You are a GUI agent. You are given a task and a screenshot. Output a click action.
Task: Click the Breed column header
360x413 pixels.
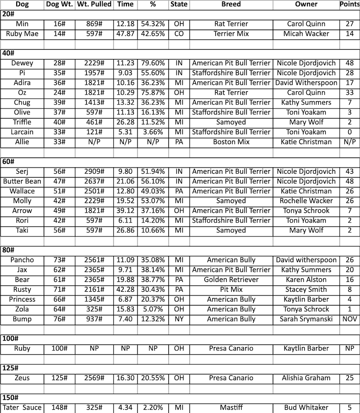tap(231, 5)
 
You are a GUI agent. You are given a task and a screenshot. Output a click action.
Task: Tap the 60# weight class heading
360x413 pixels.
tap(9, 162)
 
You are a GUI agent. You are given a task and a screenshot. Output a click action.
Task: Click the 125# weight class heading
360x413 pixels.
tap(10, 368)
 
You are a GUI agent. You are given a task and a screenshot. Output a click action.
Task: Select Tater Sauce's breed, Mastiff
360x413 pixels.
tap(231, 408)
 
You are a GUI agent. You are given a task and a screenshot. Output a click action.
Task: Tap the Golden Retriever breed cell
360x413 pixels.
tap(231, 280)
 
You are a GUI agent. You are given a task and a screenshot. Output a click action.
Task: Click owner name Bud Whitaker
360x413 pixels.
tap(306, 408)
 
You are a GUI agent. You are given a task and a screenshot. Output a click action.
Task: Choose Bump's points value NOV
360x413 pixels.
tap(349, 319)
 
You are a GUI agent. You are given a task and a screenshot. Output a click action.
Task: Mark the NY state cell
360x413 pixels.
tap(179, 319)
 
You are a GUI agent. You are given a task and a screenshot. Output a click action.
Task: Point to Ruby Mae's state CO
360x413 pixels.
tap(179, 33)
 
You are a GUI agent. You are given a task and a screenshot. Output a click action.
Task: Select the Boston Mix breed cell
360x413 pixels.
tap(231, 142)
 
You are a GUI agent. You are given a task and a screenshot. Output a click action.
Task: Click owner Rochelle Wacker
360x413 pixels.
tap(306, 201)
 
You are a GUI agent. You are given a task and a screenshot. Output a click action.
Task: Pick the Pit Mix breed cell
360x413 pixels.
tap(231, 290)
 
